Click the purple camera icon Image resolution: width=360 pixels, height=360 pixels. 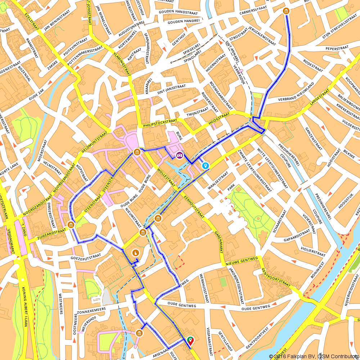[x=179, y=155]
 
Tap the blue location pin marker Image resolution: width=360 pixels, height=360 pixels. [x=205, y=166]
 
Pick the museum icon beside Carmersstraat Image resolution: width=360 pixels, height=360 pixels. [x=286, y=11]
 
